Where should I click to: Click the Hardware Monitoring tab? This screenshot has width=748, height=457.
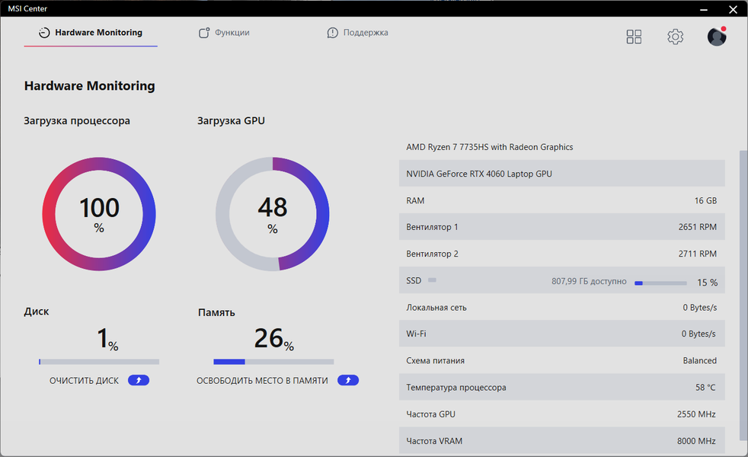pyautogui.click(x=91, y=33)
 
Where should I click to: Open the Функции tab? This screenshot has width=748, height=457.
pyautogui.click(x=224, y=33)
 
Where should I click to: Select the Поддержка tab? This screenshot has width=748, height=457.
pyautogui.click(x=357, y=33)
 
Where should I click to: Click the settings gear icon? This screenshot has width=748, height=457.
pyautogui.click(x=675, y=37)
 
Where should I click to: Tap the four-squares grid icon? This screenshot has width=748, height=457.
pyautogui.click(x=634, y=37)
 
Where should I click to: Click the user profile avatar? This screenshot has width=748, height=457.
pyautogui.click(x=716, y=37)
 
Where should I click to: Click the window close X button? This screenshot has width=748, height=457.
pyautogui.click(x=733, y=9)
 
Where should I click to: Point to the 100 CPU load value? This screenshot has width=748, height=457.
pyautogui.click(x=99, y=208)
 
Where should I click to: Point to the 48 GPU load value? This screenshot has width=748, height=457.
pyautogui.click(x=272, y=208)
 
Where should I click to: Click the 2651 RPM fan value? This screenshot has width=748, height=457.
pyautogui.click(x=697, y=227)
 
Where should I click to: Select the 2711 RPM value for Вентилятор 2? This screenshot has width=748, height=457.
pyautogui.click(x=697, y=254)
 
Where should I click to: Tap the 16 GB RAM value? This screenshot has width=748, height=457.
pyautogui.click(x=705, y=200)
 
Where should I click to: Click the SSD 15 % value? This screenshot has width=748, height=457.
pyautogui.click(x=707, y=283)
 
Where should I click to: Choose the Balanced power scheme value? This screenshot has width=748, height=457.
pyautogui.click(x=699, y=361)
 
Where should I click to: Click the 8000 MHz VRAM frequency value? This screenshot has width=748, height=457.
pyautogui.click(x=696, y=441)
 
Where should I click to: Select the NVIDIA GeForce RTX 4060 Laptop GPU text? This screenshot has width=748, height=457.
pyautogui.click(x=479, y=174)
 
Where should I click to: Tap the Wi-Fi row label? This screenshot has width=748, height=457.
pyautogui.click(x=416, y=334)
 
